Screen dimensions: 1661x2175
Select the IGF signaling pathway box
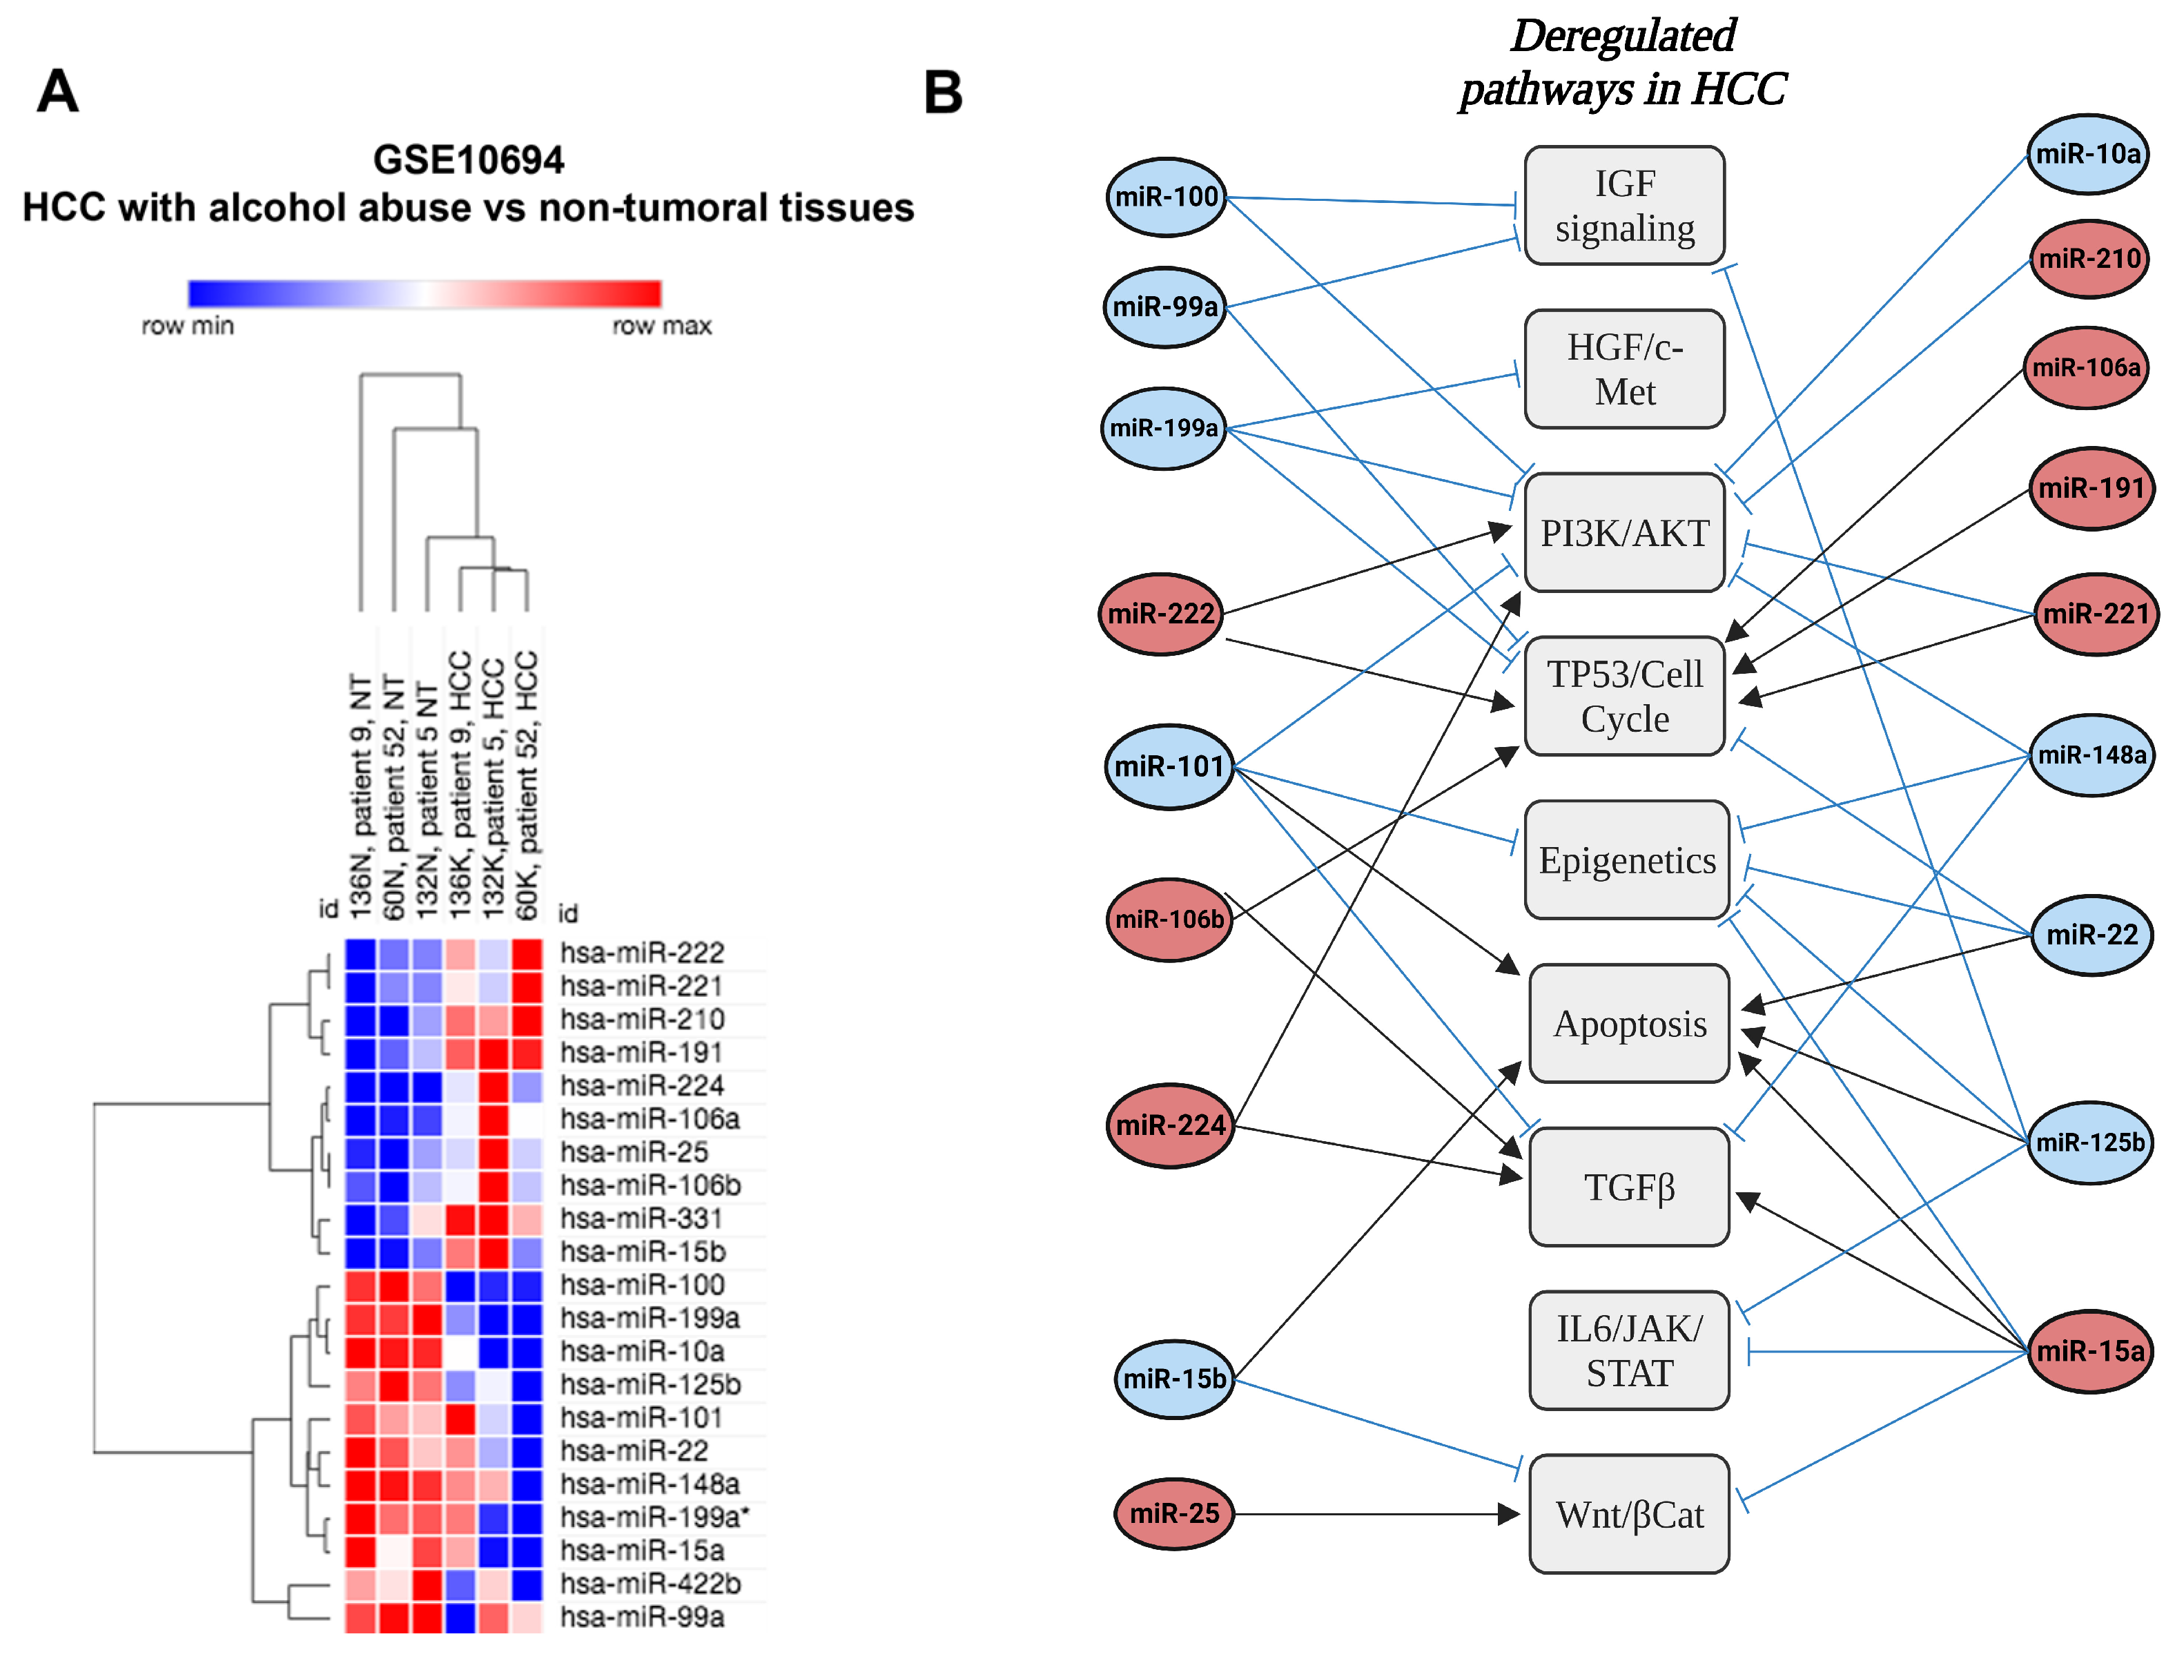[1624, 206]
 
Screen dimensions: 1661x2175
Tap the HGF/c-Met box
[1624, 369]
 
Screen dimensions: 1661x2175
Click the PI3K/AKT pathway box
[1624, 533]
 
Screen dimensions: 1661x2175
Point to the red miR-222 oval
[1160, 614]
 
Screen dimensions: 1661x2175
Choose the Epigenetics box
[1626, 860]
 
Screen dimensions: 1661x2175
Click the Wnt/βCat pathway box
[1628, 1515]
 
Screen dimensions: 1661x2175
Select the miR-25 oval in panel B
[1173, 1514]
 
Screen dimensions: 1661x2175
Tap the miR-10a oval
[2088, 154]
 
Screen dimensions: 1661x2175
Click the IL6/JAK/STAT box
[1628, 1350]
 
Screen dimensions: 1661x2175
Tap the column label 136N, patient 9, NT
[361, 796]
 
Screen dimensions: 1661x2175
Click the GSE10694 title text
[469, 160]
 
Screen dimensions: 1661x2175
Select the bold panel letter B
[943, 93]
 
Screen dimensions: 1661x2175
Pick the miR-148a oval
[2091, 755]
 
